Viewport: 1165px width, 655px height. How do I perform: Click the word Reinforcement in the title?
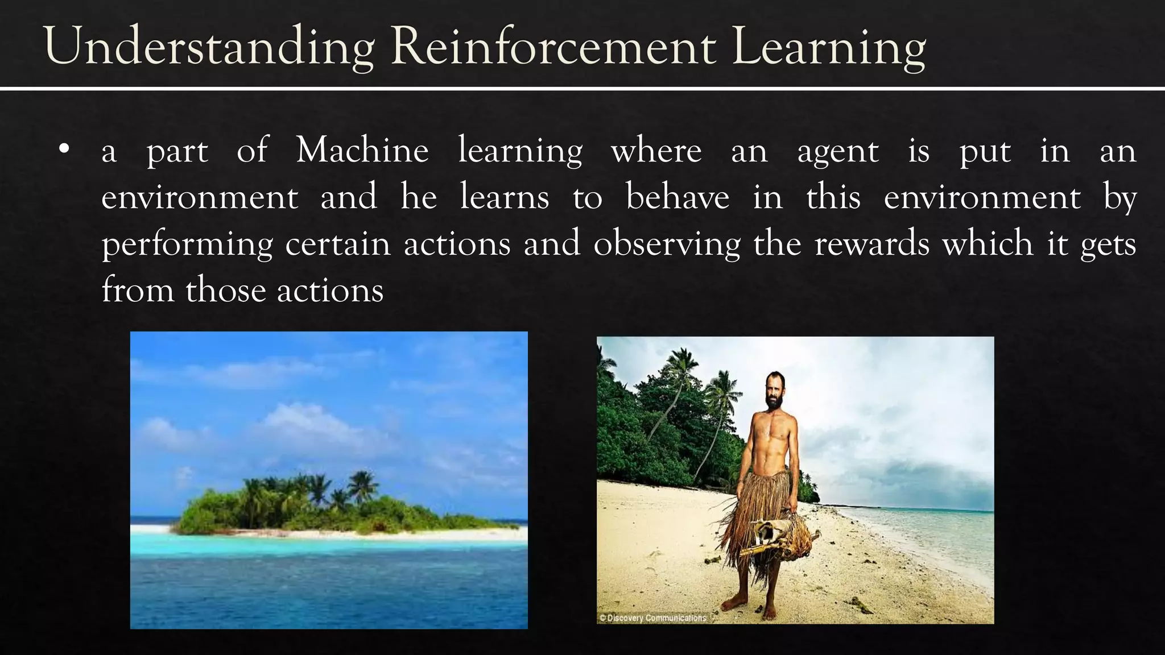(553, 47)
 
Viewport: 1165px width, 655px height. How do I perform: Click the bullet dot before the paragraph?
(64, 150)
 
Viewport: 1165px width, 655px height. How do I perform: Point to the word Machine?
(362, 151)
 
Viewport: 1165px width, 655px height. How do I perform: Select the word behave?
(677, 198)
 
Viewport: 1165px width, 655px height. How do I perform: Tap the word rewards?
(872, 244)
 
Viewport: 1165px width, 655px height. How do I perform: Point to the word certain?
(338, 244)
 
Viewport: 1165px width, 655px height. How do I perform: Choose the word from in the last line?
(138, 291)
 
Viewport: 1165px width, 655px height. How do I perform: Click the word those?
(226, 291)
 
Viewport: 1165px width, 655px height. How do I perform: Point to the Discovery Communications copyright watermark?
(652, 617)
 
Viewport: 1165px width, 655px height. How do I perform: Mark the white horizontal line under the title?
(582, 89)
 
